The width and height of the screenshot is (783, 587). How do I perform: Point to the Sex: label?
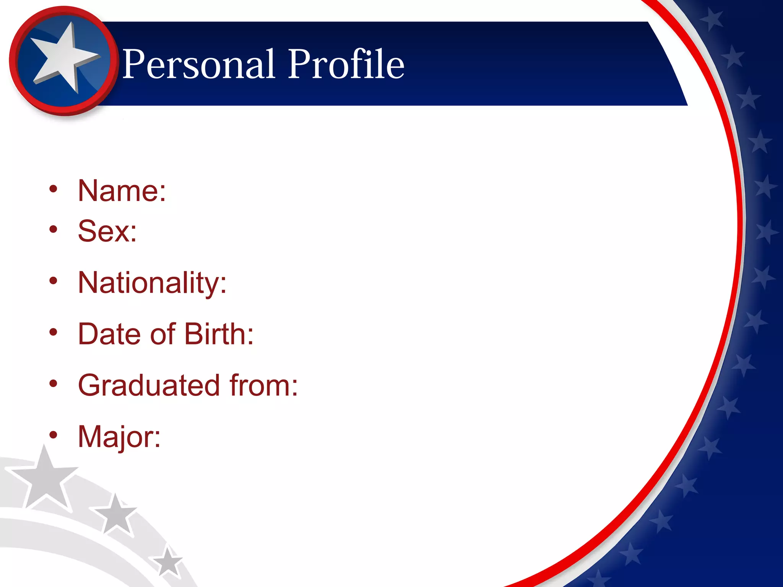click(107, 231)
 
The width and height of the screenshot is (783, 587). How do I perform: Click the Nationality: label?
click(152, 283)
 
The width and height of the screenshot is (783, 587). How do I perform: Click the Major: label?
click(119, 437)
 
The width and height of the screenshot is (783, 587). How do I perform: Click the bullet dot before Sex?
click(54, 229)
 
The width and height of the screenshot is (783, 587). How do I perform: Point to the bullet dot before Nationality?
click(54, 281)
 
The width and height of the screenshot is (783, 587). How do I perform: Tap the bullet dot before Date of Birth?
click(54, 332)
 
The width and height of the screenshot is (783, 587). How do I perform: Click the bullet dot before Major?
click(54, 435)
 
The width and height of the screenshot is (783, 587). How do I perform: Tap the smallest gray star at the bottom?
click(167, 562)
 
